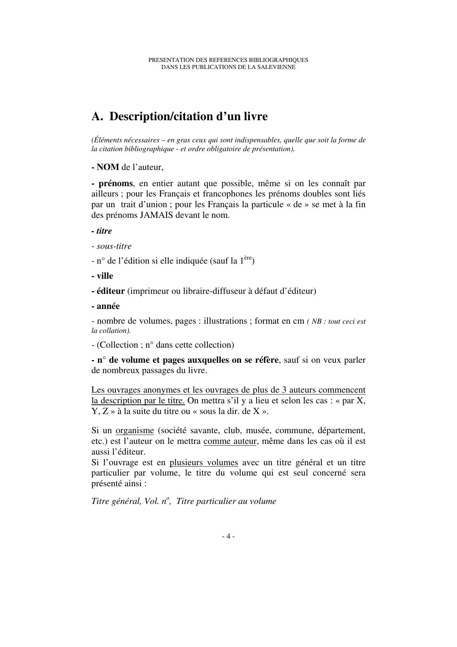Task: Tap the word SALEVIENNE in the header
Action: click(279, 67)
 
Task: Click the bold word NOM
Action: click(108, 167)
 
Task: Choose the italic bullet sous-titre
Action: click(114, 246)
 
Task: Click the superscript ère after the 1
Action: click(248, 259)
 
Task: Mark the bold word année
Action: click(108, 306)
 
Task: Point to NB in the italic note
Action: click(317, 321)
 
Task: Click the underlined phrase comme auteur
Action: click(230, 441)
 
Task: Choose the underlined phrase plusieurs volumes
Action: click(203, 463)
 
